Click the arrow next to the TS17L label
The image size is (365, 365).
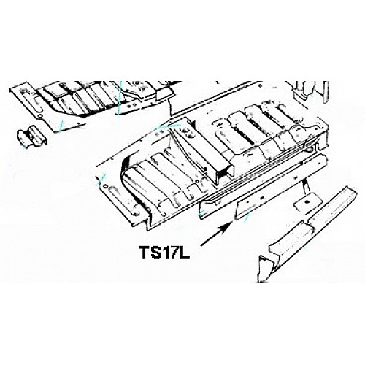coord(215,234)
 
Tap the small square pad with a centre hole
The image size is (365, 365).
coord(307,202)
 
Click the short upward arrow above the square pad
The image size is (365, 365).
coord(305,185)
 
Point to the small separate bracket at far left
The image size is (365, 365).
coord(32,137)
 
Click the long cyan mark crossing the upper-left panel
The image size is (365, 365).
coord(119,99)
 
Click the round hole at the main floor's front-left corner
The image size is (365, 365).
coord(105,186)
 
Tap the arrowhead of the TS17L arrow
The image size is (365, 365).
coord(227,226)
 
